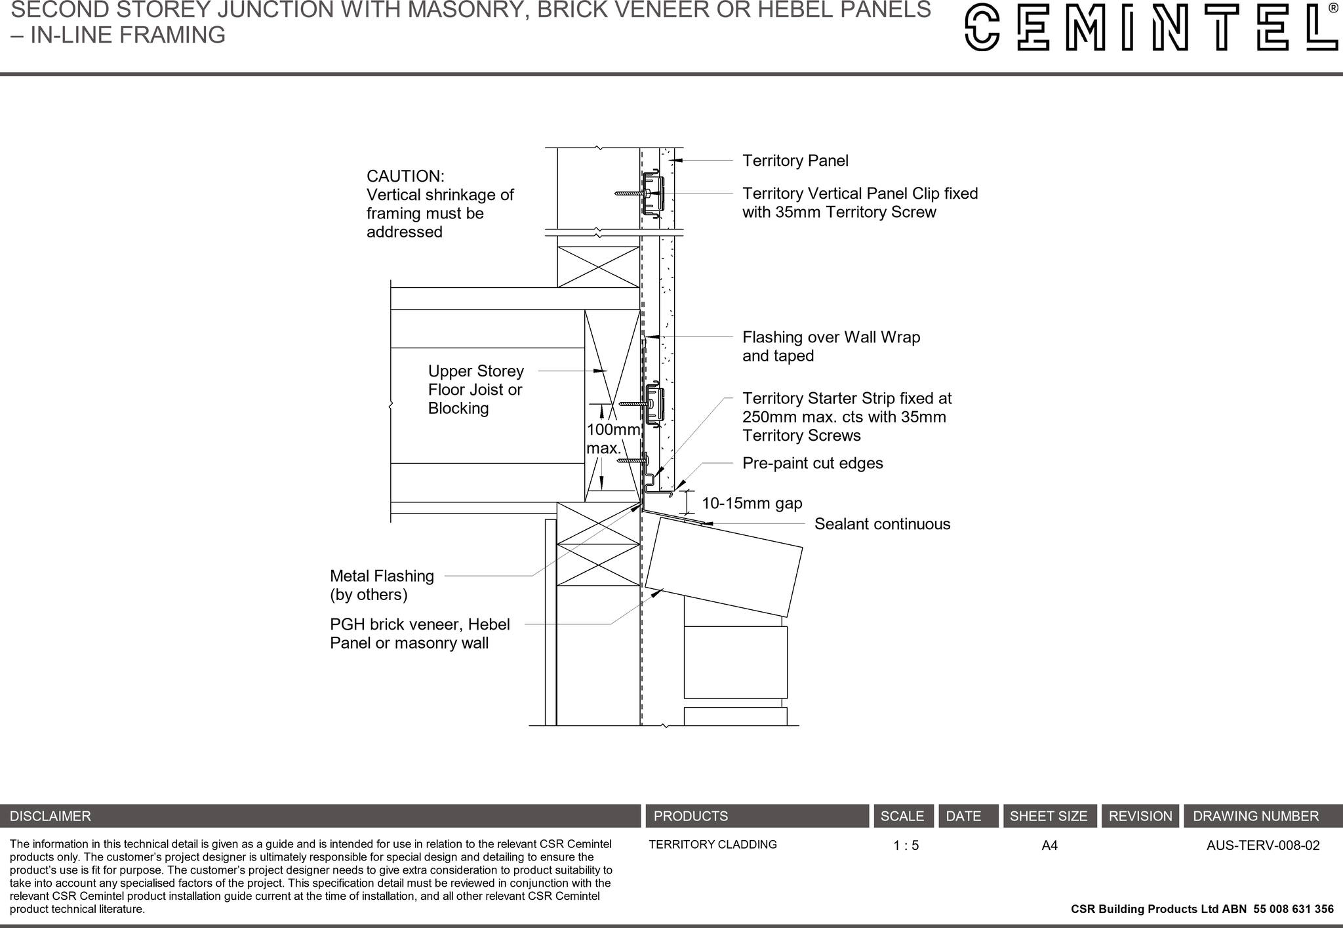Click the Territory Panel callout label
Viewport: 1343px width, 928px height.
[x=795, y=161]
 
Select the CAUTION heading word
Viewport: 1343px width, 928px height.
[x=405, y=176]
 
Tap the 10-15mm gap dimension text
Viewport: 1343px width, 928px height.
[x=752, y=504]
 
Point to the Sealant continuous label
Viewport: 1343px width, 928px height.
[x=882, y=524]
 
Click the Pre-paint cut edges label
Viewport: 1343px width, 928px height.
[x=812, y=463]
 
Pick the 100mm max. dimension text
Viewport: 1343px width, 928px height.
[x=611, y=439]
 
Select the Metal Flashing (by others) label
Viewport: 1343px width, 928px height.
[x=382, y=585]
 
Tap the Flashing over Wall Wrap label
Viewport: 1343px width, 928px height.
[x=831, y=346]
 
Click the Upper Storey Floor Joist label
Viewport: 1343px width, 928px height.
[x=475, y=390]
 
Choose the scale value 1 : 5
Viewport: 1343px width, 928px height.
[x=906, y=846]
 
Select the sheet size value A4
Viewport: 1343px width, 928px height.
[x=1049, y=846]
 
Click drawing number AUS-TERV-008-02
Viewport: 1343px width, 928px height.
[x=1262, y=845]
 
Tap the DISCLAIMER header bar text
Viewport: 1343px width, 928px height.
[x=50, y=817]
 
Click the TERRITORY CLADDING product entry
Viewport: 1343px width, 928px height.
[x=712, y=845]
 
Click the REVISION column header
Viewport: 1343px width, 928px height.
[x=1140, y=817]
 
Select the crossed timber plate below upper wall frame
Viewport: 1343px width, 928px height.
[x=598, y=267]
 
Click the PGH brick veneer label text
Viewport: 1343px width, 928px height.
[x=420, y=634]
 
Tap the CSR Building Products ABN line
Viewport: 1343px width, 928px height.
[x=1201, y=909]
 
